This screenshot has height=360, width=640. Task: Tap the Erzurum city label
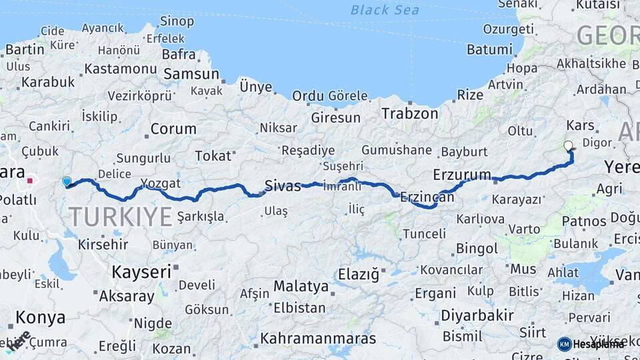pyautogui.click(x=461, y=175)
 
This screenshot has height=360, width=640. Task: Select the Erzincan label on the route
pyautogui.click(x=427, y=197)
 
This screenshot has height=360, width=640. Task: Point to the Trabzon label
pyautogui.click(x=409, y=114)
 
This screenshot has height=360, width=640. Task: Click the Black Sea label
pyautogui.click(x=385, y=9)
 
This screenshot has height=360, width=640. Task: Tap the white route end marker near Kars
pyautogui.click(x=568, y=145)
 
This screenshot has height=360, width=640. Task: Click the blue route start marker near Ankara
pyautogui.click(x=66, y=181)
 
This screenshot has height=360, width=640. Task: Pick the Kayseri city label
pyautogui.click(x=141, y=272)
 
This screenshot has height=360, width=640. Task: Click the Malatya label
pyautogui.click(x=301, y=287)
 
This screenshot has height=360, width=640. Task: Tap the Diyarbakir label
pyautogui.click(x=477, y=315)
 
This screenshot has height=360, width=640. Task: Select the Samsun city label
pyautogui.click(x=191, y=74)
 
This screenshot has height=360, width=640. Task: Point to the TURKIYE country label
pyautogui.click(x=120, y=217)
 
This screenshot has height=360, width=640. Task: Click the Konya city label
pyautogui.click(x=40, y=317)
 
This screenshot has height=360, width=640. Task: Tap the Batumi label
pyautogui.click(x=489, y=49)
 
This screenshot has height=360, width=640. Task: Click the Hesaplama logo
pyautogui.click(x=590, y=344)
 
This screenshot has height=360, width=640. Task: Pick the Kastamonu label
pyautogui.click(x=120, y=69)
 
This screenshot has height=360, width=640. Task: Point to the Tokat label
pyautogui.click(x=212, y=156)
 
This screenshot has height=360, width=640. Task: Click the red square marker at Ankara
pyautogui.click(x=30, y=180)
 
